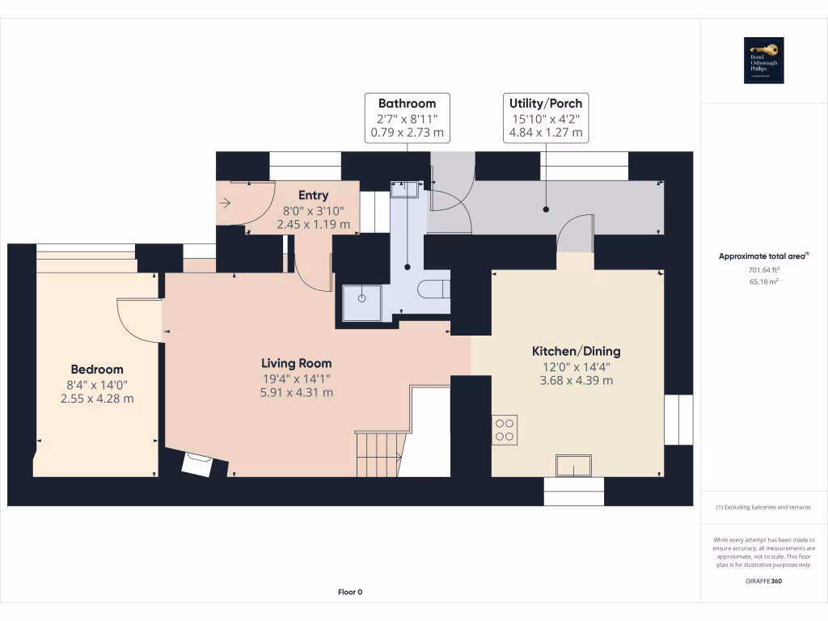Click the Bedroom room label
(x=96, y=370)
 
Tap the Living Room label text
(x=296, y=363)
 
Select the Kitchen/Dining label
(x=576, y=351)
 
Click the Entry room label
(x=313, y=195)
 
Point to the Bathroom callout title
(x=407, y=103)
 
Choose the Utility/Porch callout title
(x=545, y=103)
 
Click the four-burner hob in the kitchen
(x=505, y=429)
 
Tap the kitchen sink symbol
(x=573, y=467)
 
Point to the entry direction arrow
(x=226, y=204)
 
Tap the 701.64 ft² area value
(x=763, y=269)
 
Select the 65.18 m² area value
(x=763, y=281)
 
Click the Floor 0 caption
(x=349, y=592)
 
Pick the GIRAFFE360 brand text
(x=763, y=581)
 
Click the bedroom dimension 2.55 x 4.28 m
(x=96, y=398)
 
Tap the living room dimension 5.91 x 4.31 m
(x=296, y=392)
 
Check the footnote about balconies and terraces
(x=763, y=507)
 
